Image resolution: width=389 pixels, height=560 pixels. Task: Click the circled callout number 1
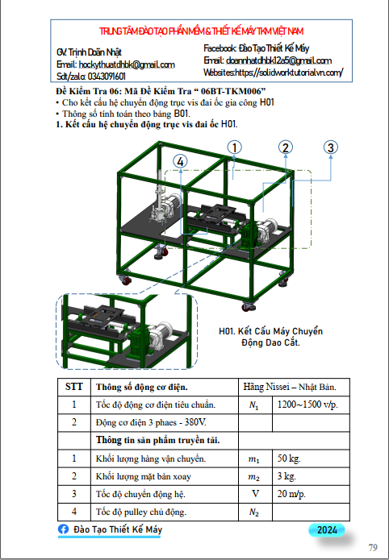pos(234,147)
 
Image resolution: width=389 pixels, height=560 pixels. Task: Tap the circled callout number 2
pos(286,147)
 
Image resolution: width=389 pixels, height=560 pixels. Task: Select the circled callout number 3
pos(331,147)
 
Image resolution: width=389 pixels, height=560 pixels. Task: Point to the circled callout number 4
pos(180,161)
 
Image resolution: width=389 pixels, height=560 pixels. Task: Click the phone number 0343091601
pos(107,77)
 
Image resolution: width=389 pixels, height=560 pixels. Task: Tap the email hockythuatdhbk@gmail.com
pos(127,64)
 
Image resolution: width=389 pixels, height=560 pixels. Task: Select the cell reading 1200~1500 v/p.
pos(307,404)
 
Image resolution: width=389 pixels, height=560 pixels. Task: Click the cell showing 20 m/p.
pos(291,494)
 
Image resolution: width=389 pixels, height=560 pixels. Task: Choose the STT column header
pos(74,387)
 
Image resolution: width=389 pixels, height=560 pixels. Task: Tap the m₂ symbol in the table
pos(254,477)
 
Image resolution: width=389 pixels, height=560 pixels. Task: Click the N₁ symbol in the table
pos(253,405)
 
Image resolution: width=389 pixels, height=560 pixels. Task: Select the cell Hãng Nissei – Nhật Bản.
pos(290,387)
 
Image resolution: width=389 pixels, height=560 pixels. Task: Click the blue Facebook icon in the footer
pos(63,529)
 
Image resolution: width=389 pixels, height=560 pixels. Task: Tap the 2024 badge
pos(327,530)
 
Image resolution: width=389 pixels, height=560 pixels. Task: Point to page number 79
pos(373,547)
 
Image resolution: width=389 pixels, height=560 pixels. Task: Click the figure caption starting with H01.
pos(271,337)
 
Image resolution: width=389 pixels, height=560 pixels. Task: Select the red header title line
pos(202,31)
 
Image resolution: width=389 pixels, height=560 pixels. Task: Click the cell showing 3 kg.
pos(287,476)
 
